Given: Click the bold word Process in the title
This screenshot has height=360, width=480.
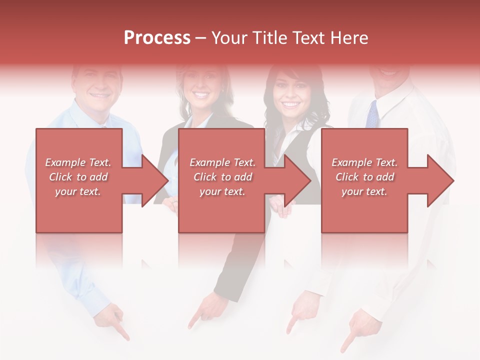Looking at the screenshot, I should tap(157, 38).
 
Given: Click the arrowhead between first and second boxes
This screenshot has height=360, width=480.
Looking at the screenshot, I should tap(155, 180).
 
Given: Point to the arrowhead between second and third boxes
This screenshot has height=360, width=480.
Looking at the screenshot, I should tap(298, 180).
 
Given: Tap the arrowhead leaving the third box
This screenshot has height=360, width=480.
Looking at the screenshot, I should tap(440, 180).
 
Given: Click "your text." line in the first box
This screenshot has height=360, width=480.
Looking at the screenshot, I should tap(78, 191).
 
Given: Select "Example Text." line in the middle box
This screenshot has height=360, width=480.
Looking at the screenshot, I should tap(222, 162).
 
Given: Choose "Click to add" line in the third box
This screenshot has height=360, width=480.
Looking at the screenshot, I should tap(365, 177).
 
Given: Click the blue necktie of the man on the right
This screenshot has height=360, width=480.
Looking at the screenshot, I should tap(372, 114).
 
